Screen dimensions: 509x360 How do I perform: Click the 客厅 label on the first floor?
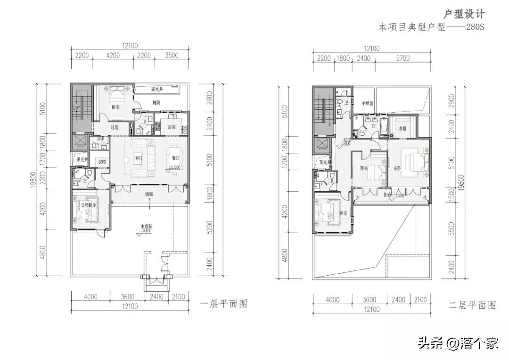(138, 158)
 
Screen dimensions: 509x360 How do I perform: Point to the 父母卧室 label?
(88, 205)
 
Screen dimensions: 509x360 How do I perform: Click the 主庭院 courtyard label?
(146, 227)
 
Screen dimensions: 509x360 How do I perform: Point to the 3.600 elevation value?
(346, 144)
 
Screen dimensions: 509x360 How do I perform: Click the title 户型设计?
(464, 14)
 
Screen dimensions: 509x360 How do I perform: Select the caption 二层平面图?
(472, 305)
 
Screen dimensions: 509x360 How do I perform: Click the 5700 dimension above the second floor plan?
(403, 58)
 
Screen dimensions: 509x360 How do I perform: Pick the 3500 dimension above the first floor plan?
(172, 55)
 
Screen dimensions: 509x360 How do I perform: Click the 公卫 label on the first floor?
(99, 139)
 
